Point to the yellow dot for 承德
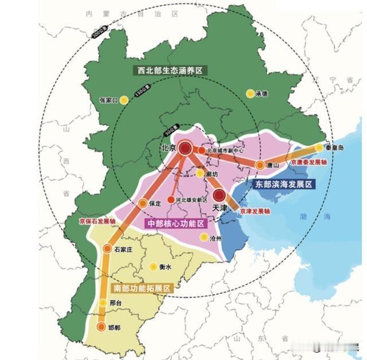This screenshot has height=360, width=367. click(x=249, y=93)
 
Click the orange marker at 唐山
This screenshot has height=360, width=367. click(x=260, y=165)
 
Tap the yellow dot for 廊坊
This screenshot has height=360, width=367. click(x=200, y=173)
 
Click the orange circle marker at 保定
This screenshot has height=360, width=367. click(x=143, y=203)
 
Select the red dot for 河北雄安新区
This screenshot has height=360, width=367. click(x=170, y=200)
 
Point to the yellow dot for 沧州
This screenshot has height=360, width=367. click(x=203, y=237)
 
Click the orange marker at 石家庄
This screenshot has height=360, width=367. click(x=108, y=248)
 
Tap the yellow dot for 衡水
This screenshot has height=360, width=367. click(x=153, y=267)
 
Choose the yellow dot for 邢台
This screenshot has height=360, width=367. click(x=103, y=303)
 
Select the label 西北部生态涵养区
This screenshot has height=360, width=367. click(x=171, y=70)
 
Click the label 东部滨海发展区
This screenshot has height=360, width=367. click(x=284, y=185)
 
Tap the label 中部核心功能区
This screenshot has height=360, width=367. click(x=175, y=223)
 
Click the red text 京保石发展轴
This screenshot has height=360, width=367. click(x=97, y=221)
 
